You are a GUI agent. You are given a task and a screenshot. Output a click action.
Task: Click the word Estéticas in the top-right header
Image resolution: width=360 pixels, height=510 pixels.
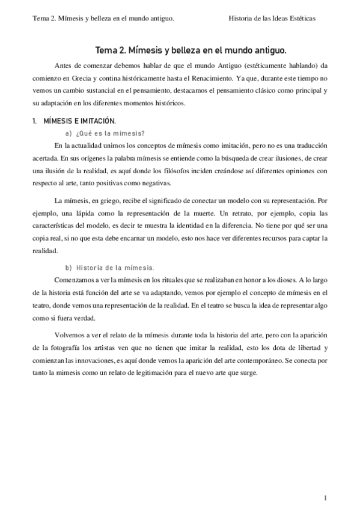tap(301, 18)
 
